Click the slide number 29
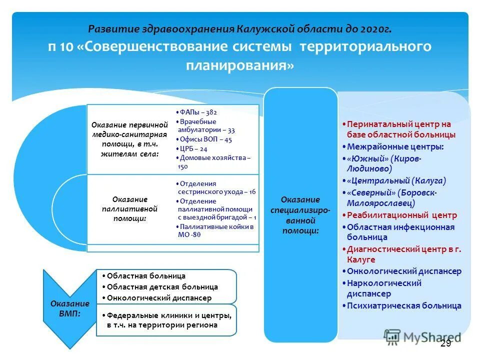[445, 343]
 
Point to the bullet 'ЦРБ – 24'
[192, 148]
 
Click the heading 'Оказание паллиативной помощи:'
[129, 208]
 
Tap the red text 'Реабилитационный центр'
[402, 215]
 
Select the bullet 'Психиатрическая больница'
[404, 305]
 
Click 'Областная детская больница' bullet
[162, 287]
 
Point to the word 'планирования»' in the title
[240, 65]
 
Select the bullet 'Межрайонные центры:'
[395, 146]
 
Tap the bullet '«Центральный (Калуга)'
[396, 180]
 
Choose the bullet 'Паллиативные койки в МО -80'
[215, 230]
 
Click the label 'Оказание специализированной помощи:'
[300, 215]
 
